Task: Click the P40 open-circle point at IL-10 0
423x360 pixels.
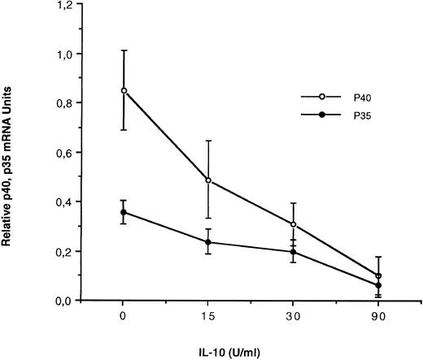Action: [x=123, y=90]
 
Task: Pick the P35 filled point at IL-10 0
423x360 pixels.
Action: [x=123, y=212]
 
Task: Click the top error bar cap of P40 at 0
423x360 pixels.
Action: [x=123, y=50]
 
